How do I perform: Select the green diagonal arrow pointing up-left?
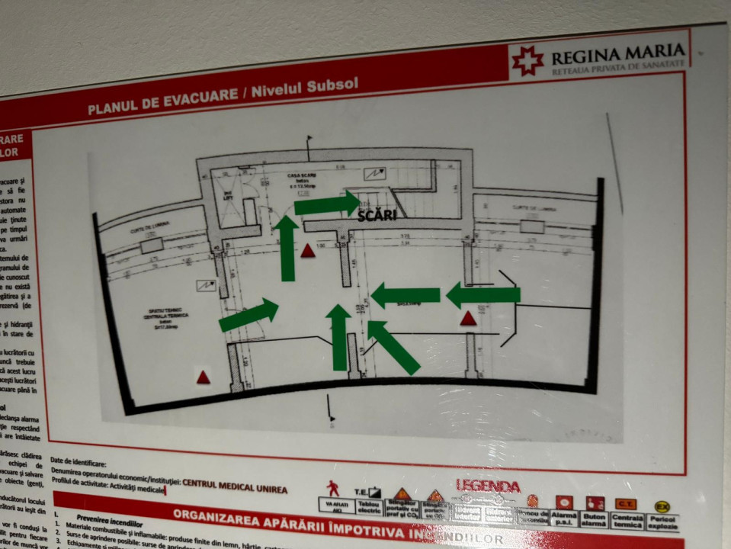393,346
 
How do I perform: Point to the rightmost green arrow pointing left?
483,294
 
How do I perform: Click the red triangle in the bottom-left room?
203,377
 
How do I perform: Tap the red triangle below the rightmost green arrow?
468,319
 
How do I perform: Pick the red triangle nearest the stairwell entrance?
307,250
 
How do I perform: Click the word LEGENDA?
488,486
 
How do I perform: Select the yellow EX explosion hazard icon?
662,506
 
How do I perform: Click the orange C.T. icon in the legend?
625,504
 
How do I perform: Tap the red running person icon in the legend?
333,489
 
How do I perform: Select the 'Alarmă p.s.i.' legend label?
564,520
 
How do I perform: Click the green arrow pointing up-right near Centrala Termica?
248,315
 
